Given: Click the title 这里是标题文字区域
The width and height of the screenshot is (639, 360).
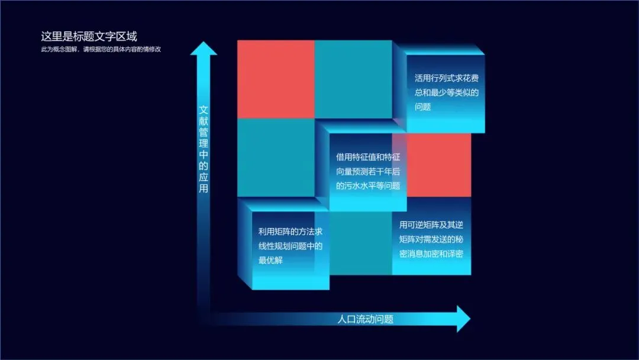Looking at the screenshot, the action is click(89, 37).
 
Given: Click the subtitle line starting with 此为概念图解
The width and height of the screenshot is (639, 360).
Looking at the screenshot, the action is click(101, 49).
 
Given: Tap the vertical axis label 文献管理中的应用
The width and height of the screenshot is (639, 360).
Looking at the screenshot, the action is click(204, 149).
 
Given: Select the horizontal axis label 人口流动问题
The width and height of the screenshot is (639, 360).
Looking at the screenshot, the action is click(365, 319).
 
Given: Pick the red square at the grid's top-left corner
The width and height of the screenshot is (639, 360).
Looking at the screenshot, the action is click(276, 79).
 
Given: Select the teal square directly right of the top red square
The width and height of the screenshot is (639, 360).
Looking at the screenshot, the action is click(353, 79).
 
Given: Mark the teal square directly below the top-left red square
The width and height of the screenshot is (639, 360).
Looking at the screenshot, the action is click(276, 157).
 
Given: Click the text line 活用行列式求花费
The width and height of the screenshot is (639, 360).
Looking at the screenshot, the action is click(446, 78).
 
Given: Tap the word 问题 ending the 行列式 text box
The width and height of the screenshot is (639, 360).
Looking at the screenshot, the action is click(422, 107).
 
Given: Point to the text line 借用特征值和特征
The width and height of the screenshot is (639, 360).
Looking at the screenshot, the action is click(368, 157).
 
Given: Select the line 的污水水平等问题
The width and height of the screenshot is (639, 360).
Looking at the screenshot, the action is click(368, 186).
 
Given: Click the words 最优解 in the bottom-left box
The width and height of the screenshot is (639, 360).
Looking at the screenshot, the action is click(270, 260).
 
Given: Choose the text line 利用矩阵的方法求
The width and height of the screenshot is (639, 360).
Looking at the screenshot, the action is click(291, 231).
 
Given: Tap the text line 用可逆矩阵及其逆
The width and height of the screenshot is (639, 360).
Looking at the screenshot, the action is click(431, 225).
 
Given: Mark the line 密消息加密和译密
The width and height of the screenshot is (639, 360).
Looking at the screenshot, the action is click(431, 253).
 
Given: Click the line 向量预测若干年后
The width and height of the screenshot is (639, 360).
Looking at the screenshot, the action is click(368, 172).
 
